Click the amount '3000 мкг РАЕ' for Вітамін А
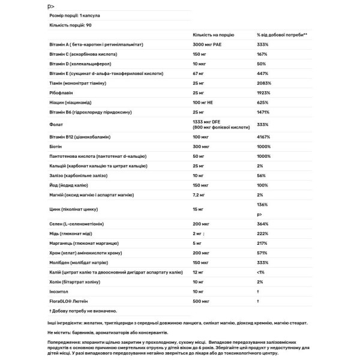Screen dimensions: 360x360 [208, 44]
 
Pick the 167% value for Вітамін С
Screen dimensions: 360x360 [262, 54]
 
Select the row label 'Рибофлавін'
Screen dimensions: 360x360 [62, 94]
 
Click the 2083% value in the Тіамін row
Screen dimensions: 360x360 [263, 84]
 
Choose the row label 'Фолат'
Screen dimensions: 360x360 [56, 125]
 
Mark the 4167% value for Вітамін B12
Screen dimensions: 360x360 [263, 137]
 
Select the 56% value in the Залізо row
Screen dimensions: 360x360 [260, 175]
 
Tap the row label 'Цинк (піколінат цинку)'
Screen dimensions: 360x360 [73, 209]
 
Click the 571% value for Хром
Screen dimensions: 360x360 [262, 253]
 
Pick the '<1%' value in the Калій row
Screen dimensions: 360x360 [260, 272]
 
